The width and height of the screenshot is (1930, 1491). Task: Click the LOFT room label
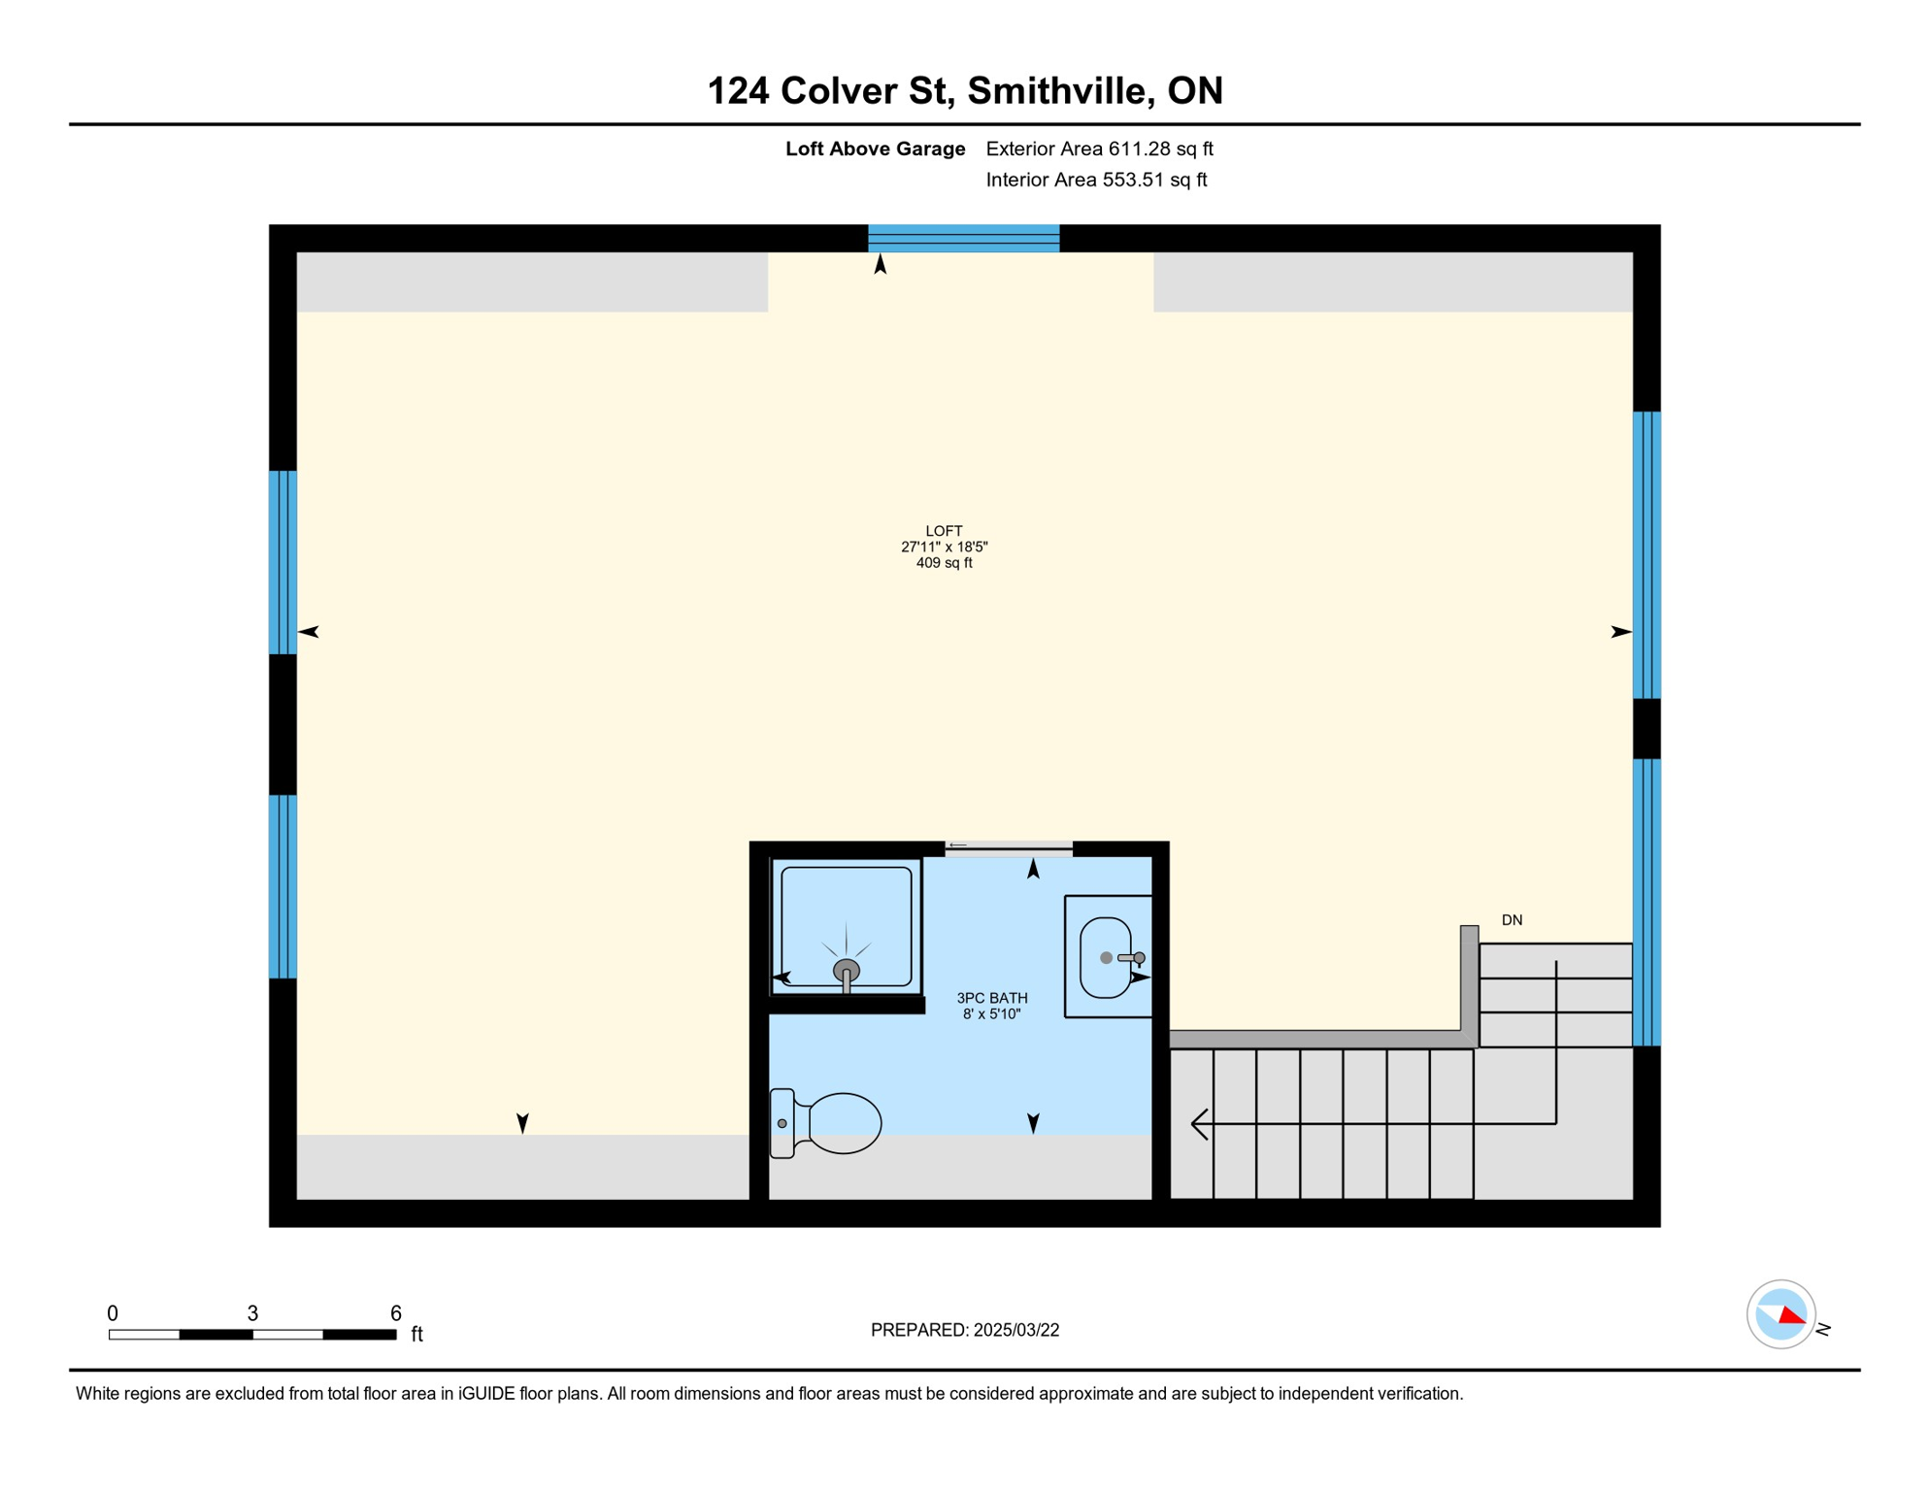coord(944,531)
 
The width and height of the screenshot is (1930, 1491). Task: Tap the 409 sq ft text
coord(944,563)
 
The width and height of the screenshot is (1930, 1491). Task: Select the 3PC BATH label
coord(992,998)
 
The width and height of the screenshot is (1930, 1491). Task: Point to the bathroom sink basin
coord(1106,958)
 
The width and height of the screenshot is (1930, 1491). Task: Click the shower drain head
coord(847,970)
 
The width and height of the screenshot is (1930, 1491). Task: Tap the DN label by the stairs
coord(1512,920)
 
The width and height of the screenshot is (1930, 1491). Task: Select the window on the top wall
coord(963,238)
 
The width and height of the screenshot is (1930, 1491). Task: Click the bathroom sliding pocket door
coord(1009,848)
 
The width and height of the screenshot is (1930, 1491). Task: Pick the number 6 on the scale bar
coord(396,1313)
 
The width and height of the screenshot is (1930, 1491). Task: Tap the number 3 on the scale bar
coord(252,1313)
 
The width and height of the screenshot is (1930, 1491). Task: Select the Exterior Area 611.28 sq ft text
coord(1099,149)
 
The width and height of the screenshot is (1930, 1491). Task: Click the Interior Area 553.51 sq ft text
coord(1096,180)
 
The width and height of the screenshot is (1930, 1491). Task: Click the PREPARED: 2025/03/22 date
coord(965,1330)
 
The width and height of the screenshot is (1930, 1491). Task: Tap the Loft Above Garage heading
coord(875,149)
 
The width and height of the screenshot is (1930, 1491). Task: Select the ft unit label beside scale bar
coord(416,1334)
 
